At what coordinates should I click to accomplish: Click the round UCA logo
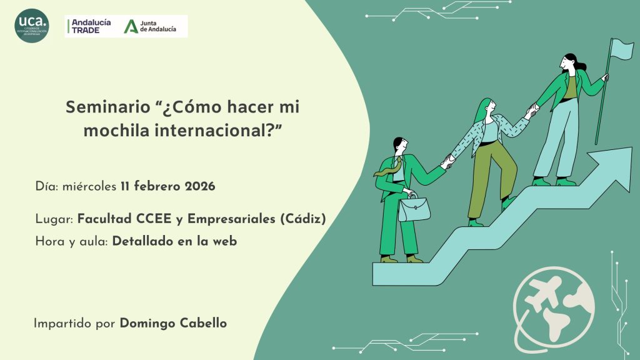point(32,26)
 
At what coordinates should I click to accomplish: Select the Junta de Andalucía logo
point(150,26)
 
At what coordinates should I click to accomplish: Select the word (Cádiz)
point(302,219)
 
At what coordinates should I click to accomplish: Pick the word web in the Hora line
point(226,241)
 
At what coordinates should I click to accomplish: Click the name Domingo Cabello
point(173,323)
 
